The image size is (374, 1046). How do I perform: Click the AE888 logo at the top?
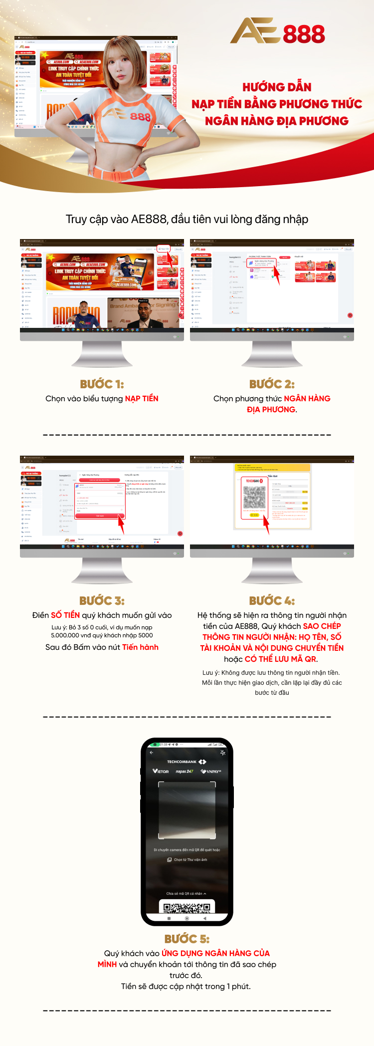(x=277, y=31)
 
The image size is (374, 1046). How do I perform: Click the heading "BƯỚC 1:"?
(x=102, y=384)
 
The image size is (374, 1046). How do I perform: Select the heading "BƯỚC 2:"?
(x=272, y=384)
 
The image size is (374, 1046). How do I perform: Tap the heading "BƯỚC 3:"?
(x=102, y=600)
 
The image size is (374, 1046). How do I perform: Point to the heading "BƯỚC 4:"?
(x=272, y=600)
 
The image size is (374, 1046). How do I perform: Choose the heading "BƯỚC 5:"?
(x=187, y=939)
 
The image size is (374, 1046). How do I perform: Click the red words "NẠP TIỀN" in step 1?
(x=142, y=399)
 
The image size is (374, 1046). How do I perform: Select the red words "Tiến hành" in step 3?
(x=140, y=647)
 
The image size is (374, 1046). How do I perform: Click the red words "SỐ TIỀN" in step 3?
(x=65, y=615)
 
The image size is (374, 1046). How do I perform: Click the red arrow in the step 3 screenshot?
(x=121, y=524)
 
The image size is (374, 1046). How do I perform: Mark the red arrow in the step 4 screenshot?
(x=266, y=525)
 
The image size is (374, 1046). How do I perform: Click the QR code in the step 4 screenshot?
(x=254, y=497)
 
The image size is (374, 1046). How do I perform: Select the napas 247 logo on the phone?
(x=185, y=772)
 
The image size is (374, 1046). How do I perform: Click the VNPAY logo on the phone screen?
(x=211, y=772)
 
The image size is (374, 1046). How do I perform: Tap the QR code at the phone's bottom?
(x=187, y=907)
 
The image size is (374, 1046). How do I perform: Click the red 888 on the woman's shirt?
(x=140, y=117)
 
